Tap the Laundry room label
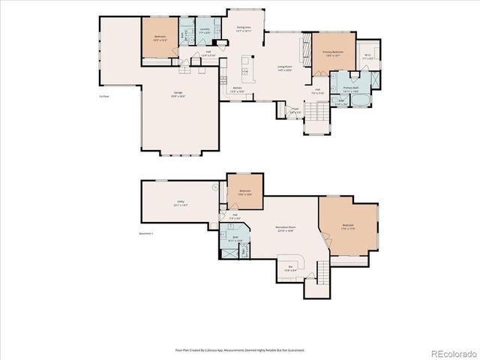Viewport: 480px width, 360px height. pos(204,31)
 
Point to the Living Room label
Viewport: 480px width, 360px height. pos(284,69)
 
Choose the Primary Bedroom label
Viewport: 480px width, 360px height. pos(332,54)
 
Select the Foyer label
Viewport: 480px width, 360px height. pos(295,109)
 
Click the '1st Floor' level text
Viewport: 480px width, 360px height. pos(105,96)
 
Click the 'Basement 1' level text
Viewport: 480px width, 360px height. pos(146,233)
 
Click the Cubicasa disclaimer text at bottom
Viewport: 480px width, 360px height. pos(240,349)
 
